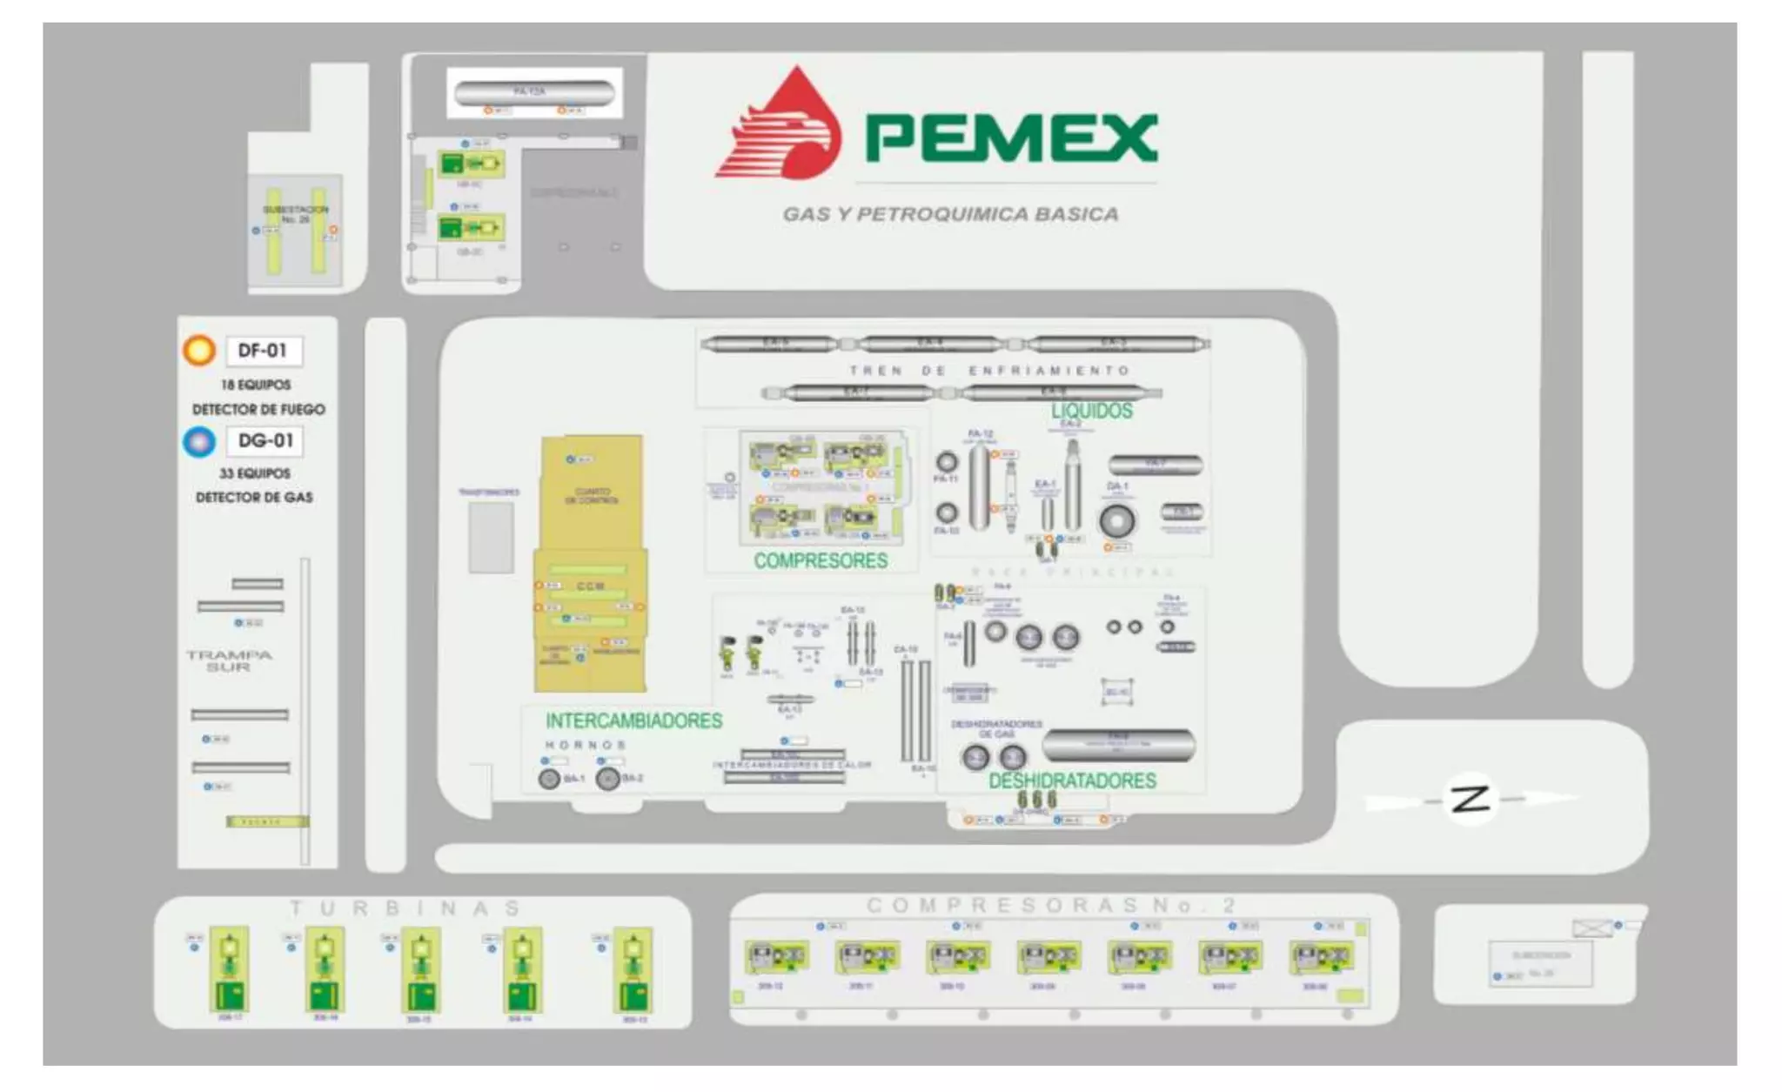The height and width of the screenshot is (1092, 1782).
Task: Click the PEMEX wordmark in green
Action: coord(1011,137)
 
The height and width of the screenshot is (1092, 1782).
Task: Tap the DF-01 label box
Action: coord(263,351)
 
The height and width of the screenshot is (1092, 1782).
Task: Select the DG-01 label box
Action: coord(265,441)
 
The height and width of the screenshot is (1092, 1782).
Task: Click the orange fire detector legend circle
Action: coord(199,351)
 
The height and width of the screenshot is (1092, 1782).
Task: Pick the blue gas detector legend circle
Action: coord(199,441)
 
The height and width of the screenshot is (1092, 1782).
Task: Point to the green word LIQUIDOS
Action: coord(1092,411)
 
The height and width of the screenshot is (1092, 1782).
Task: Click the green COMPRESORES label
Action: coord(821,561)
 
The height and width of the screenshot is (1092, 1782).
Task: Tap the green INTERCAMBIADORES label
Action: coord(633,721)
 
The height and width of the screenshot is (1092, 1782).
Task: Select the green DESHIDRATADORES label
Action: coord(1072,781)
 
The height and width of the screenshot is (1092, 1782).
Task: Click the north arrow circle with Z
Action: coord(1471,798)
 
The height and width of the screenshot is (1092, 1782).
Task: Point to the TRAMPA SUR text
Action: coord(229,660)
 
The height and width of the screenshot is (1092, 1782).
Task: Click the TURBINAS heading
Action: coord(405,908)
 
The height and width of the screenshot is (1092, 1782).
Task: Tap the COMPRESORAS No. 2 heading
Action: coord(1050,906)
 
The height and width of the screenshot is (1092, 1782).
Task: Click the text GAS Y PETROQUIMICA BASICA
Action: coord(950,214)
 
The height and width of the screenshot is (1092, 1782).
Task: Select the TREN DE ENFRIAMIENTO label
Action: coord(989,371)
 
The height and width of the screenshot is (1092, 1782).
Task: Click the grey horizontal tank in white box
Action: coord(534,91)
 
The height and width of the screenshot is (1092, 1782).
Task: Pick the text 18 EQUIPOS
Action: coord(256,385)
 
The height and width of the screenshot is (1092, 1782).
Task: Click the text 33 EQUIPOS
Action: coord(255,473)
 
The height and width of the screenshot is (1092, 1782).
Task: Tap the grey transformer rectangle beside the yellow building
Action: coord(491,537)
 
